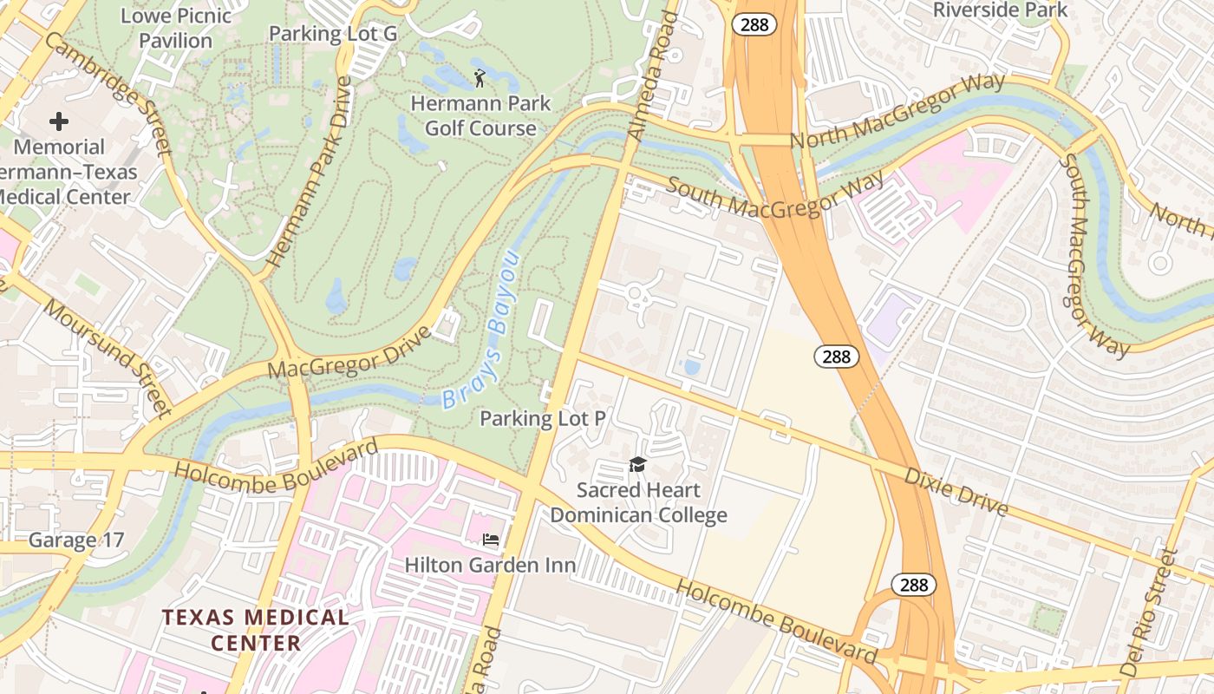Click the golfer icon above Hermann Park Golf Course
(480, 79)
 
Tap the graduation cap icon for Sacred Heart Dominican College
(638, 465)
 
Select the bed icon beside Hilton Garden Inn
(491, 540)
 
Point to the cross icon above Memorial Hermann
(59, 121)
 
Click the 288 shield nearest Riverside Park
(754, 24)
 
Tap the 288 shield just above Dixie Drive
(837, 356)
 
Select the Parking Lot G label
(333, 34)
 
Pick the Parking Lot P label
(543, 419)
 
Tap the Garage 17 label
(76, 540)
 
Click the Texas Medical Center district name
(256, 630)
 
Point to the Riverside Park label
(1000, 10)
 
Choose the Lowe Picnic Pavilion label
(177, 28)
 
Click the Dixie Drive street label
(956, 491)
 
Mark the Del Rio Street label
(1151, 612)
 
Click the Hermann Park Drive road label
(310, 172)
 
